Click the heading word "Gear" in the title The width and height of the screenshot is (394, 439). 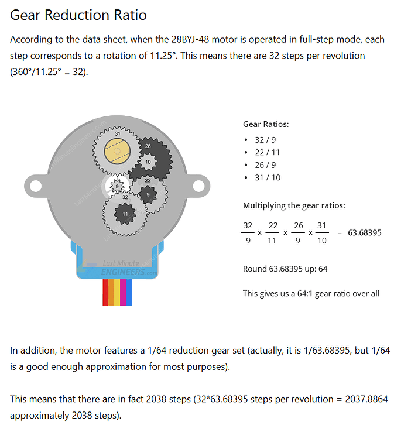(x=29, y=15)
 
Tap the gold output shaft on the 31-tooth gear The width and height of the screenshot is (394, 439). (x=117, y=152)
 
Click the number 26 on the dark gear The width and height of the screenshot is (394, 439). (x=148, y=146)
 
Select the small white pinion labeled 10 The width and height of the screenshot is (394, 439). (x=148, y=161)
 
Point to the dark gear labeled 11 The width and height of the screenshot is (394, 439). (x=124, y=214)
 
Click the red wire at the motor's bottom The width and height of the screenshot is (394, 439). (x=105, y=293)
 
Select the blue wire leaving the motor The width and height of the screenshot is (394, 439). (x=129, y=293)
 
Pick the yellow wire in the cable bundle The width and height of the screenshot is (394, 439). (x=117, y=293)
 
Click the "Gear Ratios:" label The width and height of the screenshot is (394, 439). (x=266, y=124)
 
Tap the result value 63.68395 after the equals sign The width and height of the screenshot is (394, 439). (x=364, y=232)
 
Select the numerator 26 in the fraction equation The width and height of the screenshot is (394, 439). (x=299, y=225)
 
